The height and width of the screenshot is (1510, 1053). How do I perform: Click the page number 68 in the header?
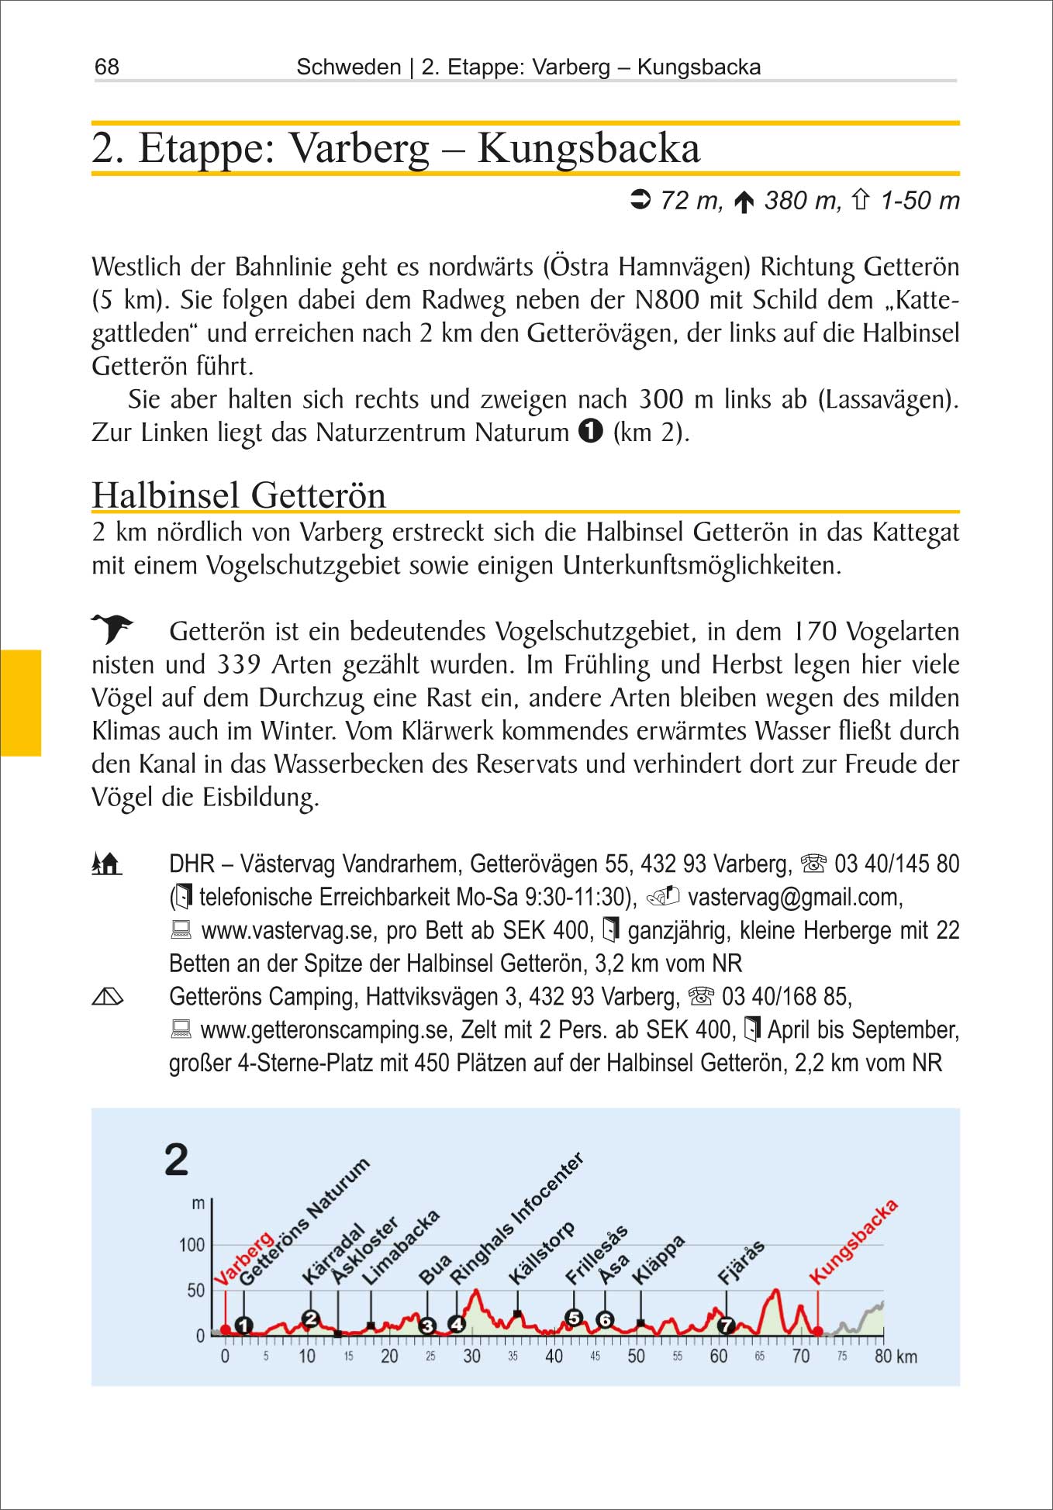click(x=107, y=67)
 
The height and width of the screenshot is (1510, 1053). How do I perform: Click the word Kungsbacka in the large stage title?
click(x=589, y=148)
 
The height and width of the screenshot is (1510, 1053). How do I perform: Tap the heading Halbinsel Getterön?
click(x=239, y=495)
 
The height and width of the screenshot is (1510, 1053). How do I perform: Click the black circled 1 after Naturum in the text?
click(x=590, y=432)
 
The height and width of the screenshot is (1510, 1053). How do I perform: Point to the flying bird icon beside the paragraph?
click(x=112, y=628)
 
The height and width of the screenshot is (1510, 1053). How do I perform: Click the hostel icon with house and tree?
click(x=107, y=864)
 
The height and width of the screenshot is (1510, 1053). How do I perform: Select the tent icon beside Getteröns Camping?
click(x=107, y=997)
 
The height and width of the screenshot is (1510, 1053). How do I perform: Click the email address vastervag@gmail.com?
click(x=795, y=898)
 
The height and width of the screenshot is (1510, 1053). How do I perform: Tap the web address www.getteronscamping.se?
click(x=325, y=1030)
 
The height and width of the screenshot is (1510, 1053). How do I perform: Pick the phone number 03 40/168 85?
click(x=786, y=997)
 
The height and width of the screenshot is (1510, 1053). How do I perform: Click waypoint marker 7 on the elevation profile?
click(x=726, y=1325)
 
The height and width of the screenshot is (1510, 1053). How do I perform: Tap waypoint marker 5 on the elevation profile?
click(x=574, y=1318)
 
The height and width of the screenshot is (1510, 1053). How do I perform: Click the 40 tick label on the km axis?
click(x=554, y=1357)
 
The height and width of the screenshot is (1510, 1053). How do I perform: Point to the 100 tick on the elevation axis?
click(x=192, y=1246)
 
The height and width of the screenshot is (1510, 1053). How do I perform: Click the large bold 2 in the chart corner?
click(x=177, y=1160)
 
